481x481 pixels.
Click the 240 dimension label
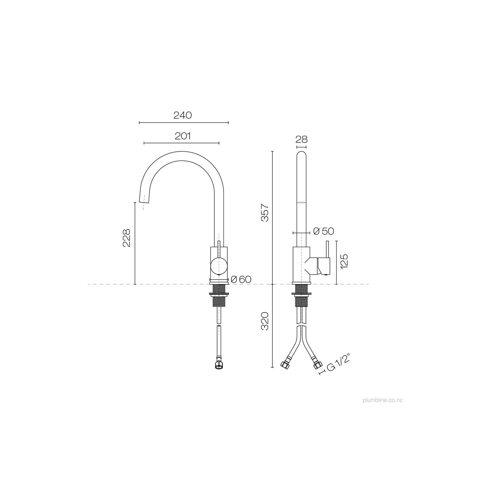[183, 115]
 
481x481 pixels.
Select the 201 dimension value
[183, 136]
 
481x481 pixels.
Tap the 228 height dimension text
[127, 238]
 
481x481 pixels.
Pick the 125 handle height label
[344, 261]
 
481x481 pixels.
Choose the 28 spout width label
[302, 139]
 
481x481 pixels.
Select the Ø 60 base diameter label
[241, 279]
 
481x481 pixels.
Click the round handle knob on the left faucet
[219, 265]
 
